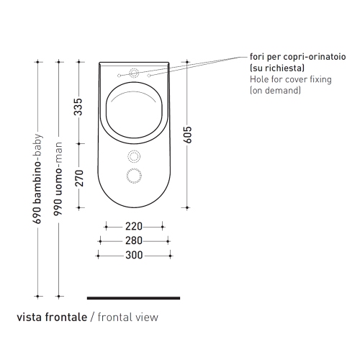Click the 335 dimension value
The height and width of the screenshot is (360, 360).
[78, 107]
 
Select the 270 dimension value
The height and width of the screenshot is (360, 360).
[79, 178]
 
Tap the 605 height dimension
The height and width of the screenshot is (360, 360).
[187, 135]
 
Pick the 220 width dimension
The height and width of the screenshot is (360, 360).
[134, 226]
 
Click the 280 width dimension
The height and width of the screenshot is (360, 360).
[134, 240]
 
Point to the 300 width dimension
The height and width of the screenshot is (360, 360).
[134, 255]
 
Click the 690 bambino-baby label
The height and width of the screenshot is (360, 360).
[37, 179]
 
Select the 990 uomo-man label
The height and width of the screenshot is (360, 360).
[58, 179]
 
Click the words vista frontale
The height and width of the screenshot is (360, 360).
[52, 317]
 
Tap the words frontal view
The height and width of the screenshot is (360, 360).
[128, 317]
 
